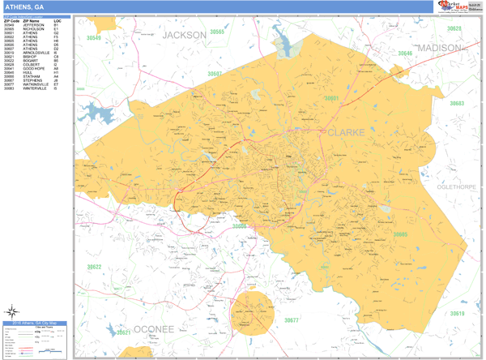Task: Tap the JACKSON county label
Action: (x=184, y=36)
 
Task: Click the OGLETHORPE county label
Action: (x=458, y=187)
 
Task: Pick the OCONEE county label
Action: (x=154, y=329)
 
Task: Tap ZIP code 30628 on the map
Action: (x=454, y=28)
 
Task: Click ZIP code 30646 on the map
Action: (x=404, y=54)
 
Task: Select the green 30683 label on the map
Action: (x=457, y=104)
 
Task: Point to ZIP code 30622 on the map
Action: (x=95, y=267)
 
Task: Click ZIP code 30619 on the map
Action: (x=458, y=314)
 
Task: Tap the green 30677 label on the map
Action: (x=291, y=320)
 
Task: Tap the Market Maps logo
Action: (x=458, y=7)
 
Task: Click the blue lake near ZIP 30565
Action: (x=285, y=41)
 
